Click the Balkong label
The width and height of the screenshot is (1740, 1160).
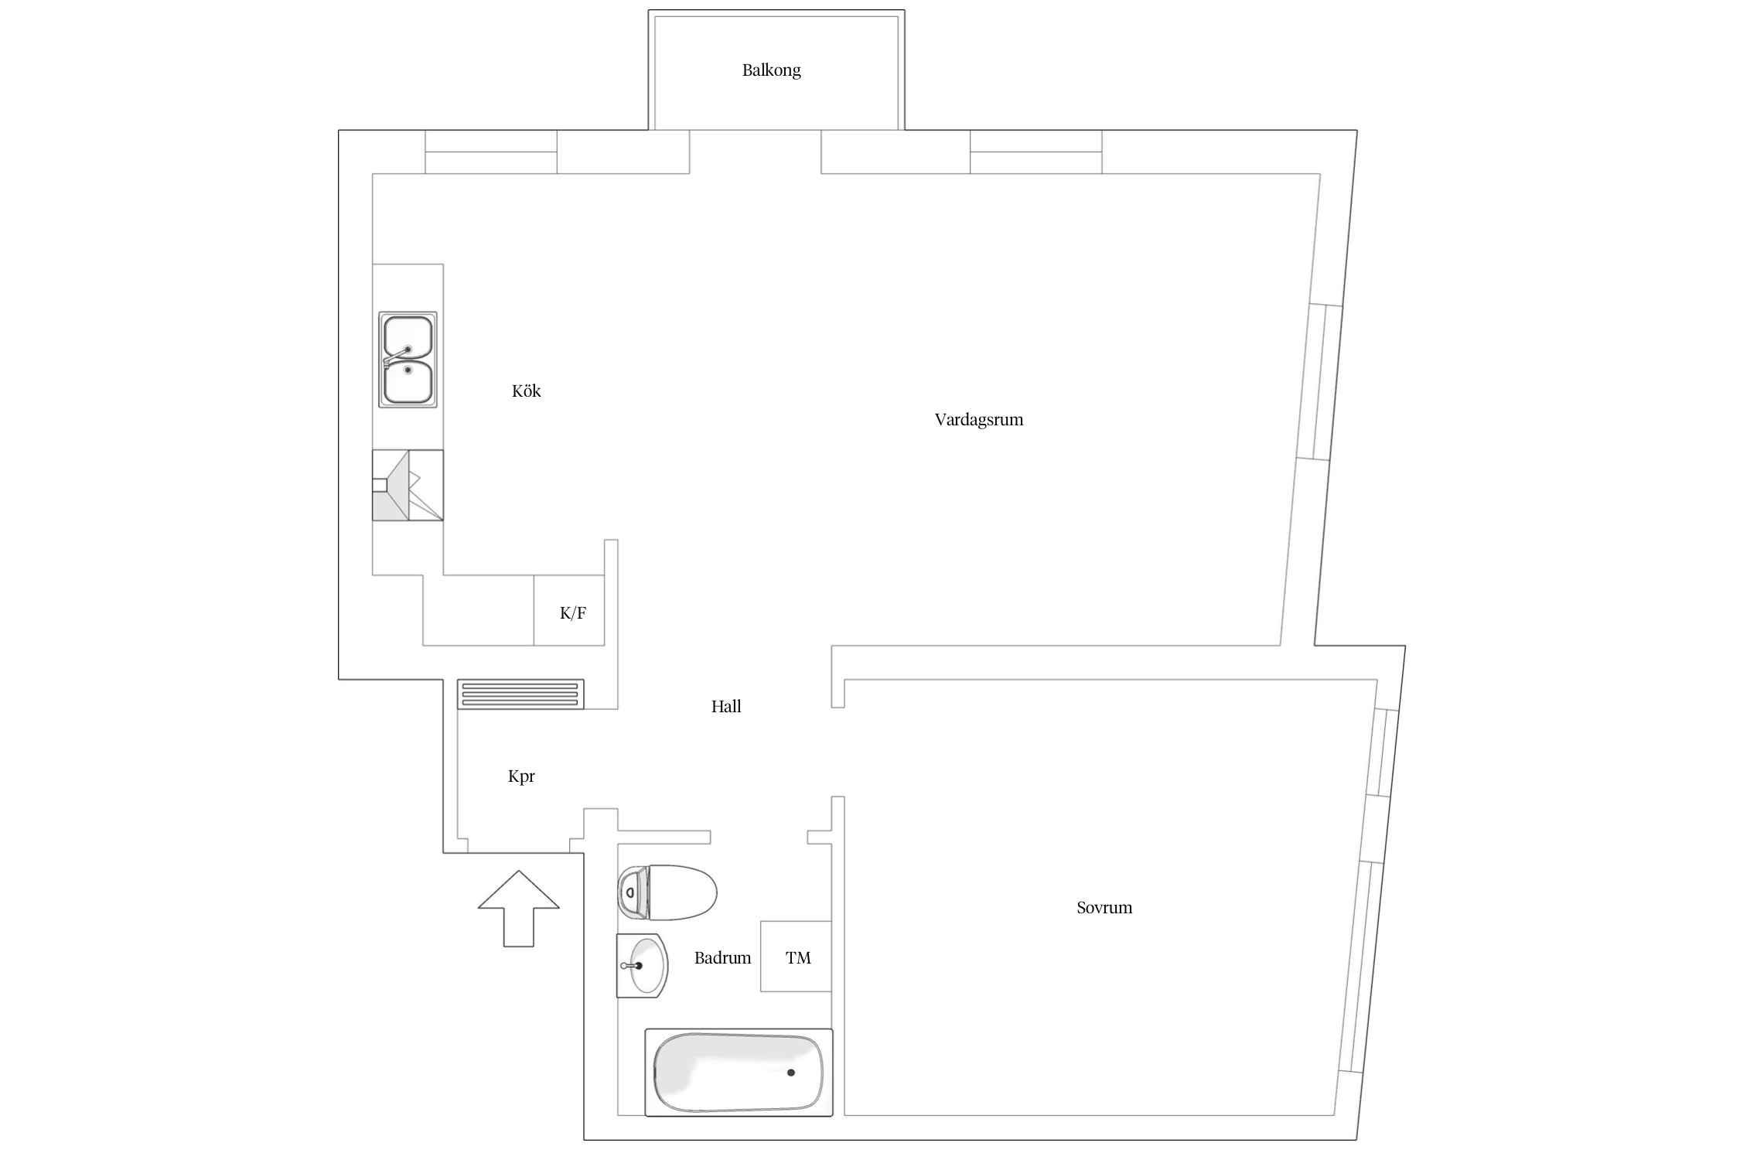tap(771, 70)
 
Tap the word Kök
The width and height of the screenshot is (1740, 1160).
tap(526, 391)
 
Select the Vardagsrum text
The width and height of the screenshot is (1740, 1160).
tap(978, 420)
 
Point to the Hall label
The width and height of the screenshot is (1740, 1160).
tap(726, 706)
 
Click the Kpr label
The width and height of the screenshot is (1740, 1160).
tap(521, 776)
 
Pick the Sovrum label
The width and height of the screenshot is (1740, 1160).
tap(1104, 907)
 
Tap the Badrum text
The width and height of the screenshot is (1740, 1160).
tap(722, 957)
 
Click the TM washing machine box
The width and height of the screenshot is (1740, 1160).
tap(796, 957)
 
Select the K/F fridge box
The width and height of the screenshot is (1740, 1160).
tap(569, 610)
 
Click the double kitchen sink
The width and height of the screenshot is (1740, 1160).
tap(408, 360)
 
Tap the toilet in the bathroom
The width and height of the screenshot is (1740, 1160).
tap(667, 892)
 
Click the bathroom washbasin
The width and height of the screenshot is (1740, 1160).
tap(642, 965)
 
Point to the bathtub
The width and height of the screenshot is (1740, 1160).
tap(739, 1073)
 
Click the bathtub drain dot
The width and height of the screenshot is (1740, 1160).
tap(790, 1073)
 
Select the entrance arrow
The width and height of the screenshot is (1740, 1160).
tap(518, 909)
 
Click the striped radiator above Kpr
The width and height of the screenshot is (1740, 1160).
tap(520, 694)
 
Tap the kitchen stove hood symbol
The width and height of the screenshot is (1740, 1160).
tap(408, 485)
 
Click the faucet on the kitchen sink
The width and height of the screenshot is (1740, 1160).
tap(397, 356)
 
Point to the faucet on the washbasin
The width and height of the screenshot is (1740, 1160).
tap(631, 965)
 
